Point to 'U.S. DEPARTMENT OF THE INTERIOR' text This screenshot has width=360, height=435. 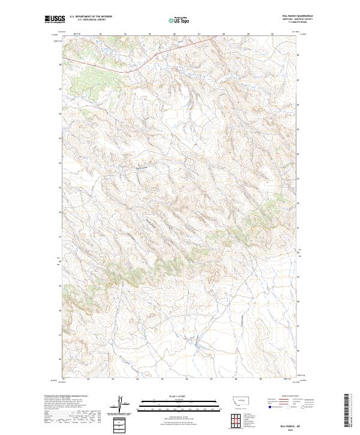91,16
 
